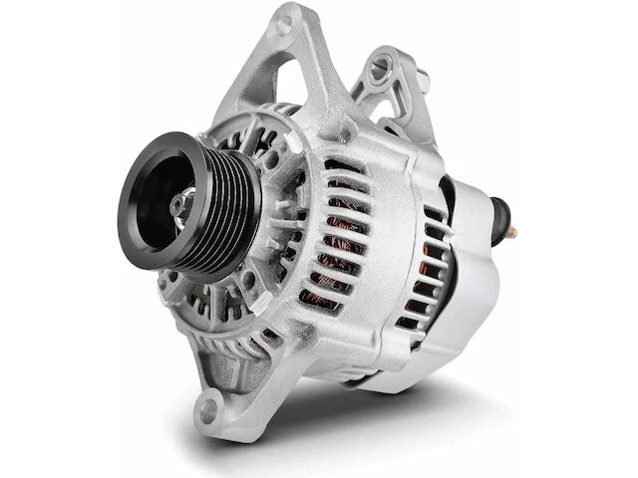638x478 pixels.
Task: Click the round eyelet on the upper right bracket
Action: [x=379, y=70]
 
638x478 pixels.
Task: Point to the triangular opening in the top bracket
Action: [x=299, y=80]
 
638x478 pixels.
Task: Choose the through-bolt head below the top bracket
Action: [x=344, y=129]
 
